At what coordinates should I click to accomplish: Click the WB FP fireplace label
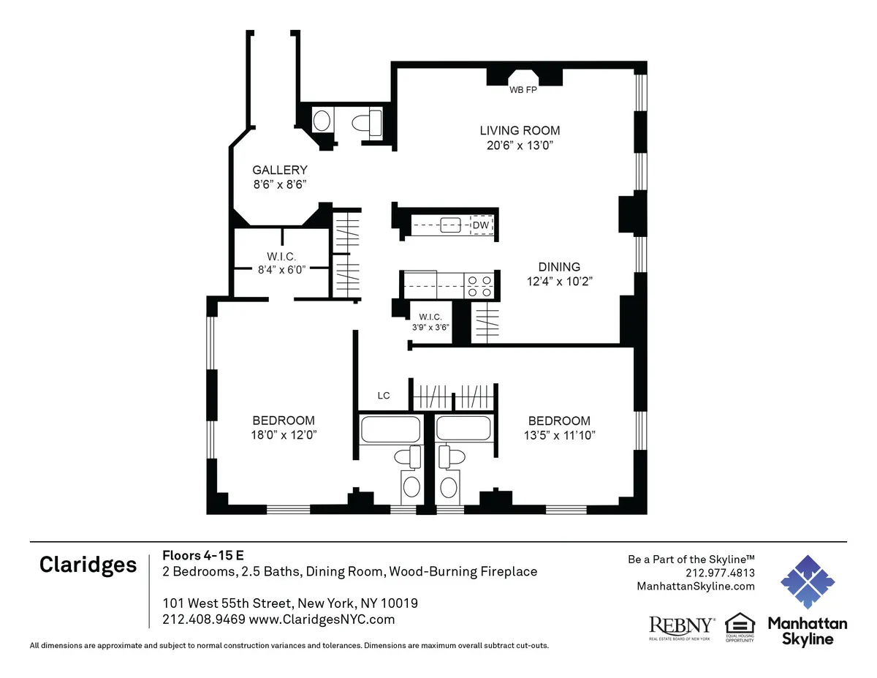coord(523,91)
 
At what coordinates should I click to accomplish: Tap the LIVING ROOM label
coord(520,131)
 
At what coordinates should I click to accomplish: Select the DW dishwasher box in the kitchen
coord(481,225)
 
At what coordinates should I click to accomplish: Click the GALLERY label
coord(280,170)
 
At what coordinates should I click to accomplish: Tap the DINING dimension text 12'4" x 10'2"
coord(560,282)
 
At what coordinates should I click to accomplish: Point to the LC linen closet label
coord(384,396)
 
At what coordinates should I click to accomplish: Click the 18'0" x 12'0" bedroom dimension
coord(284,434)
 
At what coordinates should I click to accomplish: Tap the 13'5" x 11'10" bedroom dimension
coord(560,435)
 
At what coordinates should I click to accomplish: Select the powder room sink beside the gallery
coord(322,121)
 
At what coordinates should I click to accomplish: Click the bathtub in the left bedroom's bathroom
coord(390,429)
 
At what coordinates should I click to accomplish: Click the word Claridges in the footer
coord(88,565)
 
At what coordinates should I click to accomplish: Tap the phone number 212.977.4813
coord(720,573)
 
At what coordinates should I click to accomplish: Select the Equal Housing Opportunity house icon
coord(739,623)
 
